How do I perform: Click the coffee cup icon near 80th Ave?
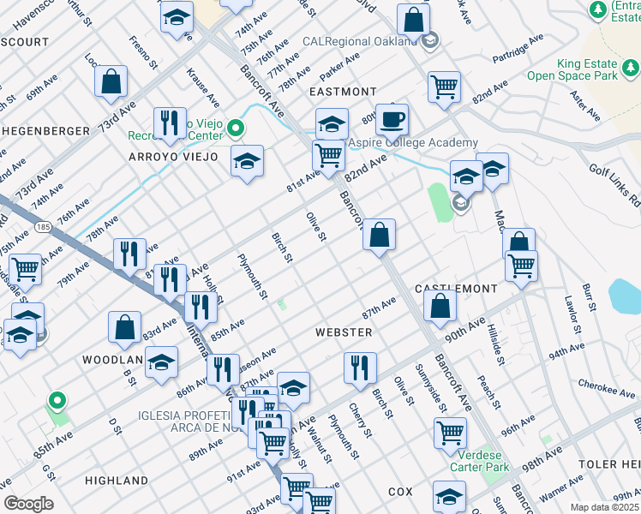tap(392, 119)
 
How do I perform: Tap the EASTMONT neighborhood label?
tap(342, 92)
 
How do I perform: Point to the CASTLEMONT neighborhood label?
tap(456, 290)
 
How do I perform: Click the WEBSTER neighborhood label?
tap(344, 332)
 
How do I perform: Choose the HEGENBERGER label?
tap(45, 130)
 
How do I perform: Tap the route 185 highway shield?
tap(43, 225)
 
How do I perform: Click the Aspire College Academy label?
tap(411, 142)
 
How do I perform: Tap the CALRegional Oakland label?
tap(360, 41)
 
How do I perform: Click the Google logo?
tap(28, 504)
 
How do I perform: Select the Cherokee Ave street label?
tap(606, 389)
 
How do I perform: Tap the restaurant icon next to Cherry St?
tap(360, 368)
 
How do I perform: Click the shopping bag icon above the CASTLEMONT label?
tap(440, 305)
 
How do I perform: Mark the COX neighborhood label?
tap(400, 492)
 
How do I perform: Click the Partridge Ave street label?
tap(519, 50)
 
